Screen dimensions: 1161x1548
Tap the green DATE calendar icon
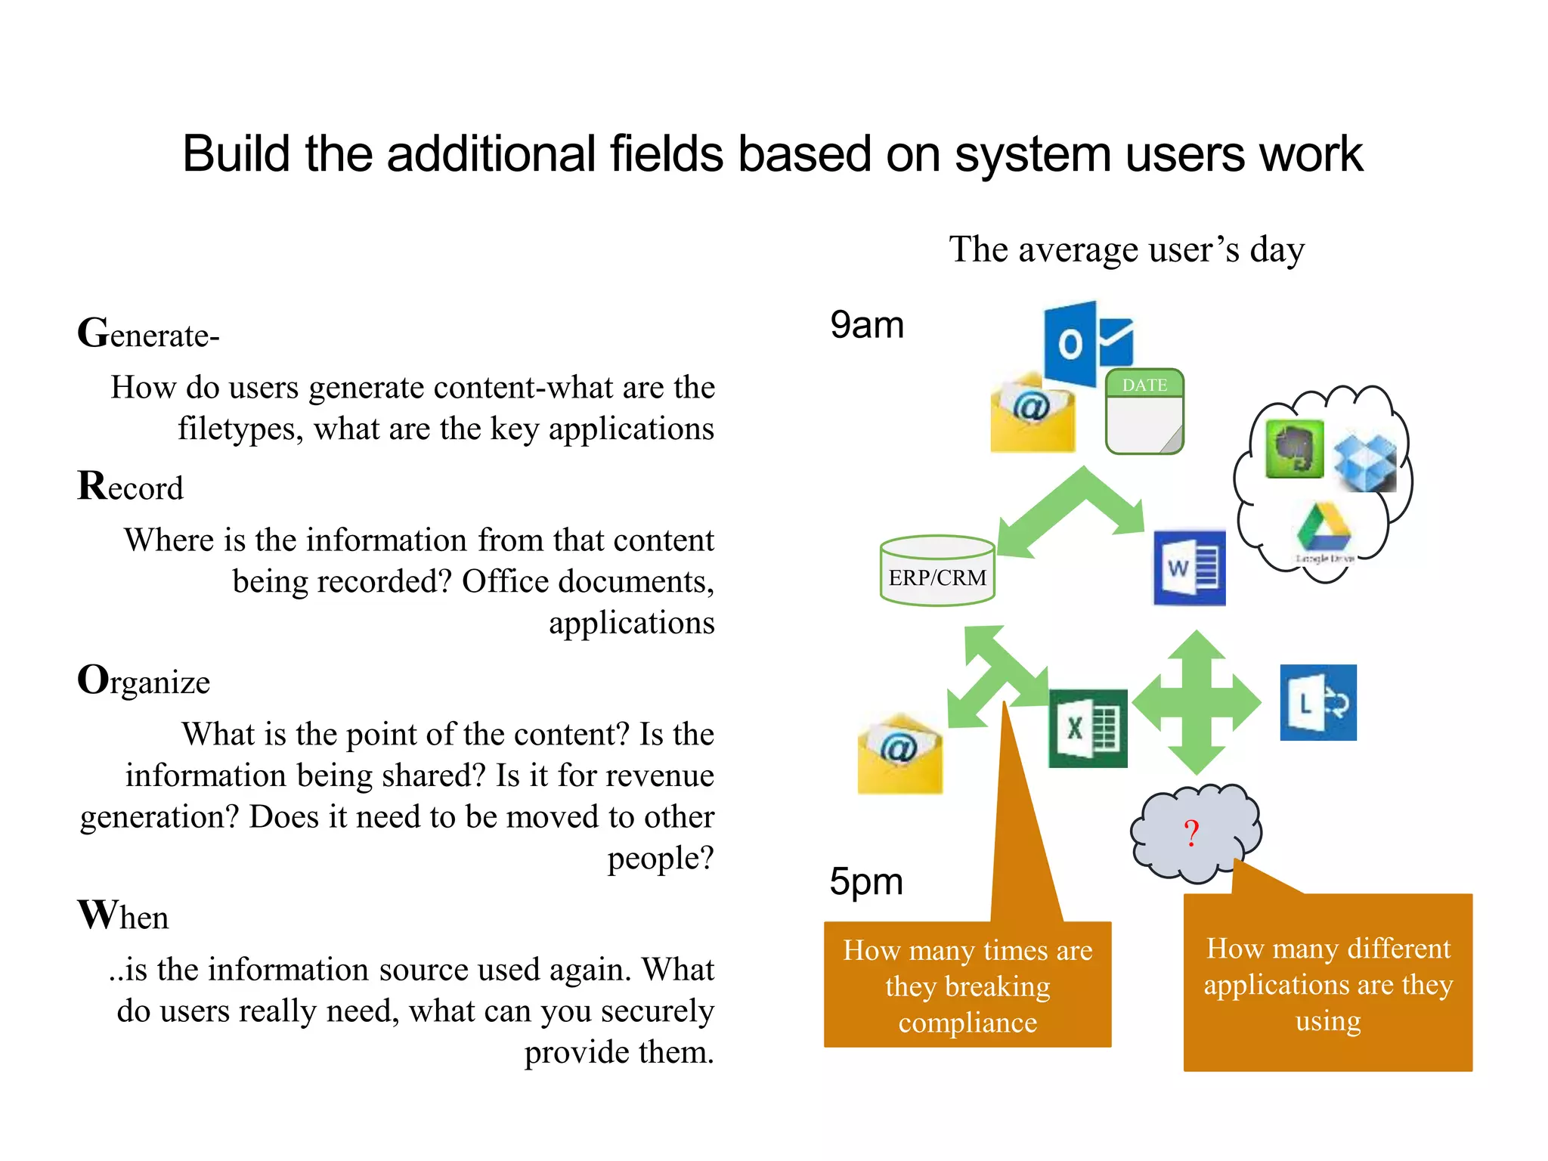[x=1144, y=411]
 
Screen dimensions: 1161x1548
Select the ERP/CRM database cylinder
[x=937, y=571]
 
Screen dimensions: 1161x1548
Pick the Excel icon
[x=1088, y=728]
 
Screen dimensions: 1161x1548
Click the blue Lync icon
[x=1317, y=702]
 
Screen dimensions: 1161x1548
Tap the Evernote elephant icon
[x=1294, y=449]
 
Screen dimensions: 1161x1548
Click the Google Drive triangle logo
[x=1324, y=528]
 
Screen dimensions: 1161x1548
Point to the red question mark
[x=1191, y=833]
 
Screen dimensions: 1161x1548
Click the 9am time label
[x=867, y=325]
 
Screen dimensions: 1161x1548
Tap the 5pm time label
[x=866, y=881]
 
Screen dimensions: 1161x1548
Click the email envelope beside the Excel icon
[x=899, y=754]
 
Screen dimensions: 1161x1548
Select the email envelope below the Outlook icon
[x=1033, y=412]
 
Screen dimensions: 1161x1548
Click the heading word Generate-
[x=148, y=334]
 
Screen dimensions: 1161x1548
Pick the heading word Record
[x=130, y=487]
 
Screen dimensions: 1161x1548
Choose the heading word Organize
[x=144, y=681]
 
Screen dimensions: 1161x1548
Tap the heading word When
[x=123, y=916]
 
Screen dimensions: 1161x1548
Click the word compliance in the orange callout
[x=967, y=1023]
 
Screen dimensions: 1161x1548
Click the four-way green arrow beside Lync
[x=1197, y=703]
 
